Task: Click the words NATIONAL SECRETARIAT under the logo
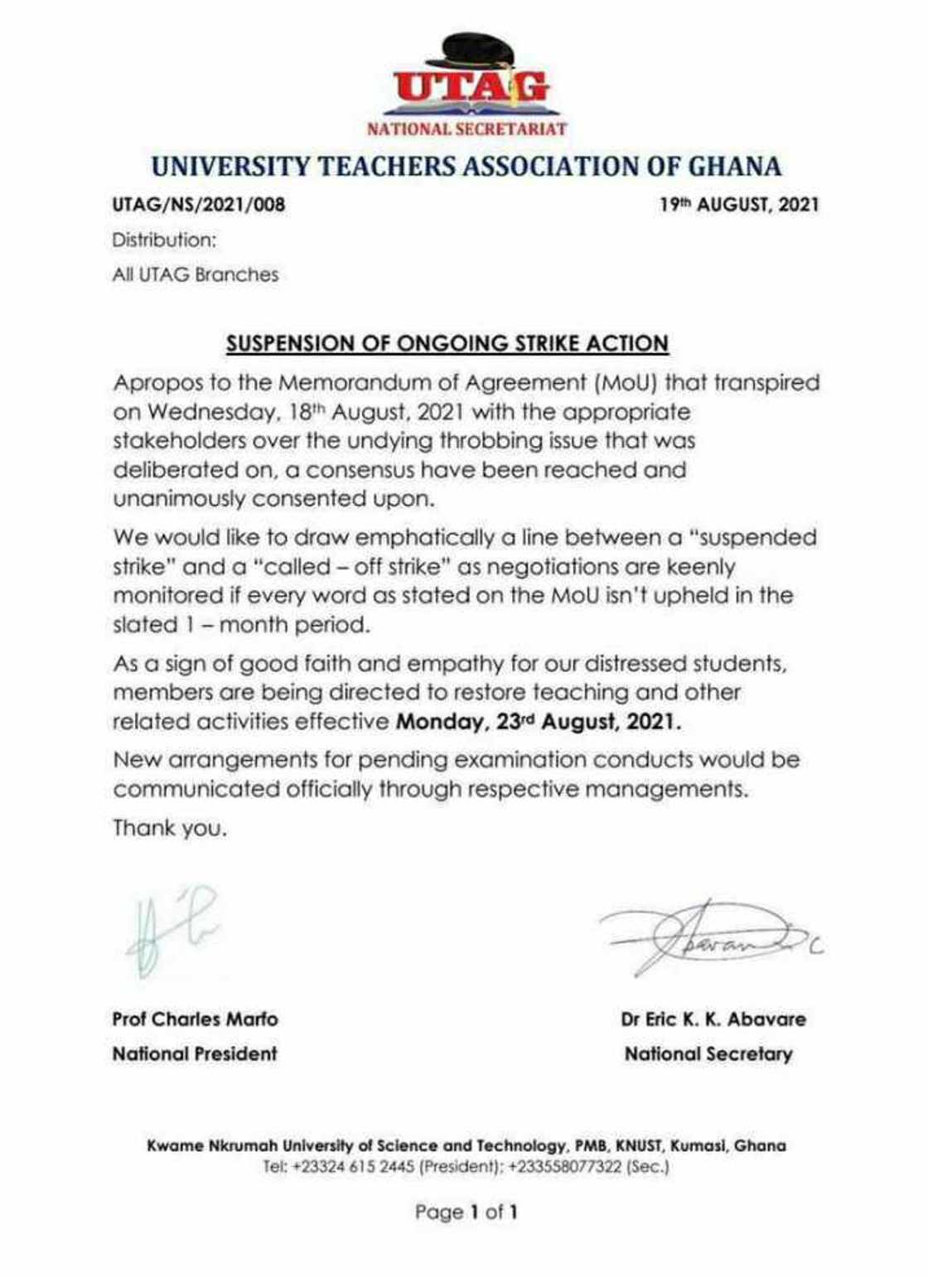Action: [467, 128]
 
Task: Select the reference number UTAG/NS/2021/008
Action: [199, 204]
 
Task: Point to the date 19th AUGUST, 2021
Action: [739, 204]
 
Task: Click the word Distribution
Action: [164, 240]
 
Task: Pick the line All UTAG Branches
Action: [196, 274]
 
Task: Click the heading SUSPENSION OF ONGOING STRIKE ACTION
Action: [447, 343]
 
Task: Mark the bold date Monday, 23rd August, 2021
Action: [539, 722]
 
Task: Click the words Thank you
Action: [169, 828]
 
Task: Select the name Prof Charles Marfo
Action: [196, 1019]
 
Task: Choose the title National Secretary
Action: [708, 1054]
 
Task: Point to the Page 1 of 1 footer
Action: [466, 1213]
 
